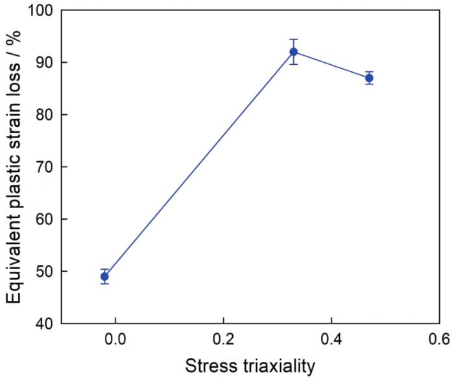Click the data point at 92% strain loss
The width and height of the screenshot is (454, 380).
click(293, 52)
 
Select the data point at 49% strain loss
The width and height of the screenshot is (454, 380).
click(104, 276)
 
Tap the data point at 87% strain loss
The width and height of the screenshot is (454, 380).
click(369, 78)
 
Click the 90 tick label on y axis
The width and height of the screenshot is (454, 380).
click(47, 63)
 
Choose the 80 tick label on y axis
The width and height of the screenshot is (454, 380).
click(47, 115)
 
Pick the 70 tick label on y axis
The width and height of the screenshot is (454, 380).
click(47, 167)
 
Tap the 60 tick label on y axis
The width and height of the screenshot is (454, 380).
click(47, 219)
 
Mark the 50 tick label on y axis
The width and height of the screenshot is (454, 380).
click(47, 271)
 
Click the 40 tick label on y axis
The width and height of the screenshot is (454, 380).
click(47, 323)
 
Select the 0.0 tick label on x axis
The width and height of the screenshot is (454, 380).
click(115, 339)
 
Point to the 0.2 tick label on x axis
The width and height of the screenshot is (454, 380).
click(223, 339)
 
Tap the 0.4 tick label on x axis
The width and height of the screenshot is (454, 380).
click(331, 339)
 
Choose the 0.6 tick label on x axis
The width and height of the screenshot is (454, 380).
click(438, 339)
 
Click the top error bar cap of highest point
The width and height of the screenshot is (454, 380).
click(293, 40)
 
